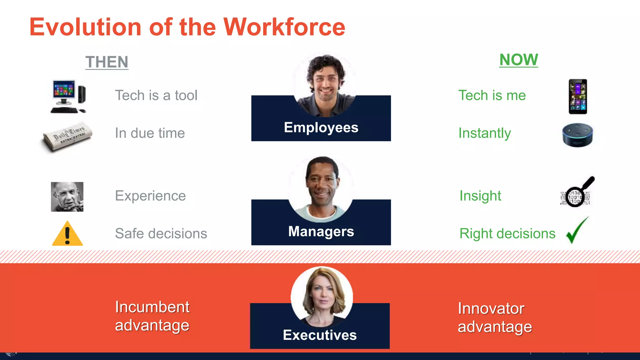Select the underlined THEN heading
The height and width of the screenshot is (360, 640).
[x=107, y=62]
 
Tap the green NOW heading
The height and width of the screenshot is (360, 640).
[x=518, y=60]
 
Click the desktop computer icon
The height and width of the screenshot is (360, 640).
[x=68, y=97]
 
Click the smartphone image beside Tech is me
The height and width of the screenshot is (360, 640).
[x=577, y=97]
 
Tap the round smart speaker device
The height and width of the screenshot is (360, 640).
[x=577, y=135]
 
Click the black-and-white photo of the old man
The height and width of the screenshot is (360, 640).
[x=67, y=197]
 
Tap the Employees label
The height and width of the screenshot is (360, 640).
[x=321, y=127]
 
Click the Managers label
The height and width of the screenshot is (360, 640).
[x=321, y=232]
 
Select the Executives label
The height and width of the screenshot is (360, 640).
[x=320, y=335]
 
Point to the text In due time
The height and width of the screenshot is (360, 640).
[x=150, y=133]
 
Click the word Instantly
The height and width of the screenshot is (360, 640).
[x=484, y=133]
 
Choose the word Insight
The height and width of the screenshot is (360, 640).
[x=480, y=196]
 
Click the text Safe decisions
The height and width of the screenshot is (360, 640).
[x=161, y=233]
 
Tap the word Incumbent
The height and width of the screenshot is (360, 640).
[x=152, y=307]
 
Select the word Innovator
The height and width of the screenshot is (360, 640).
[x=491, y=308]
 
